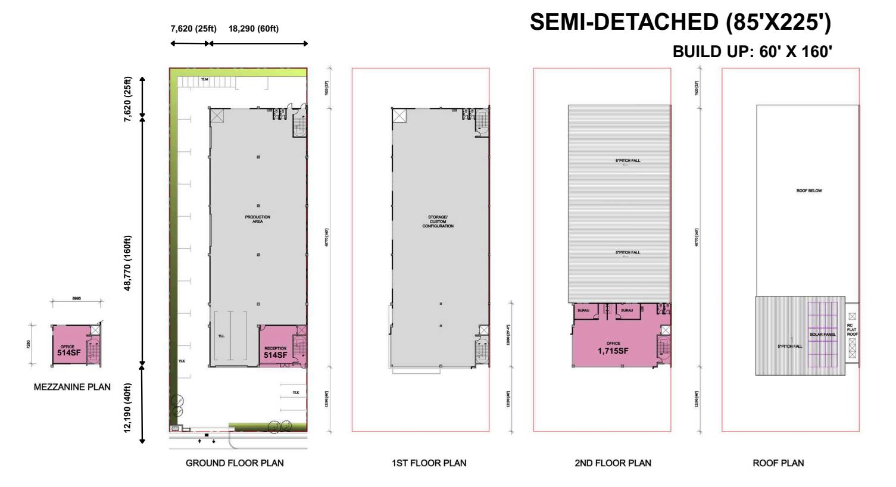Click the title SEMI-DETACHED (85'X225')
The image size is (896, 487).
pyautogui.click(x=680, y=23)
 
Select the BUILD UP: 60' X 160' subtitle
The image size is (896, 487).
pyautogui.click(x=751, y=52)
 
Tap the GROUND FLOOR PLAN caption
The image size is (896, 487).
pyautogui.click(x=235, y=463)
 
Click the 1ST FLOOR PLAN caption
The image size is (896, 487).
pyautogui.click(x=429, y=463)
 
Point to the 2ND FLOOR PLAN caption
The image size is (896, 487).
pyautogui.click(x=613, y=463)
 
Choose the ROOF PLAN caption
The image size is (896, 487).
pyautogui.click(x=778, y=463)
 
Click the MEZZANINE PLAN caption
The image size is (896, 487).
pyautogui.click(x=72, y=387)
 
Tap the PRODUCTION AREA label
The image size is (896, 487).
pyautogui.click(x=258, y=219)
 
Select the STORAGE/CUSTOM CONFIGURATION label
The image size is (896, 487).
pyautogui.click(x=438, y=221)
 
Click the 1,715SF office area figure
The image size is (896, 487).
pyautogui.click(x=613, y=351)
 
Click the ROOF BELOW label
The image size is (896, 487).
pyautogui.click(x=809, y=191)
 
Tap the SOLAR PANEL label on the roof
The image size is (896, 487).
pyautogui.click(x=823, y=335)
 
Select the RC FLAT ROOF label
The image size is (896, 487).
pyautogui.click(x=853, y=330)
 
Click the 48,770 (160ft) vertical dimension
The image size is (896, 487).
pyautogui.click(x=128, y=263)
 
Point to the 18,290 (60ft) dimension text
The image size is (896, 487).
pyautogui.click(x=253, y=29)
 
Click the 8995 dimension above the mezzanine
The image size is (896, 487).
pyautogui.click(x=77, y=299)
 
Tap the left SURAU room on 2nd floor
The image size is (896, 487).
pyautogui.click(x=582, y=311)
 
